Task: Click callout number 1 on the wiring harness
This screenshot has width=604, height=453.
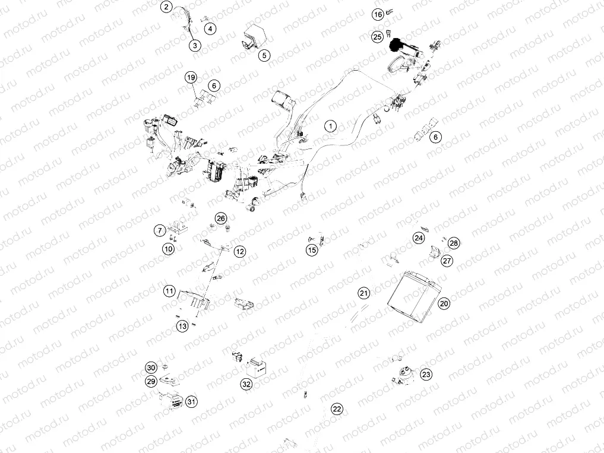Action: click(x=331, y=126)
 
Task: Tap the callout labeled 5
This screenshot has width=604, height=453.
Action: click(x=264, y=55)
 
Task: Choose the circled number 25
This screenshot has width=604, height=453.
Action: click(x=377, y=37)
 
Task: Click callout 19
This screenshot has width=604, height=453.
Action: click(x=190, y=78)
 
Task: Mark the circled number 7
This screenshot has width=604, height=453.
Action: click(x=160, y=230)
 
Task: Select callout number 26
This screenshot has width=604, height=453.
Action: click(x=221, y=218)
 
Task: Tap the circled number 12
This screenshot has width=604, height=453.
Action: click(x=239, y=251)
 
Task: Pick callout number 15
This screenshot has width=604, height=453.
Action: click(x=312, y=251)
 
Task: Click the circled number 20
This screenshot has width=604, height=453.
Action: click(x=444, y=303)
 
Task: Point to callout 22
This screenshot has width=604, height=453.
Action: click(x=337, y=408)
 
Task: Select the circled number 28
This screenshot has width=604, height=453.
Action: click(x=454, y=243)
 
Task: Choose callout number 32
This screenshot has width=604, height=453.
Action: click(x=246, y=384)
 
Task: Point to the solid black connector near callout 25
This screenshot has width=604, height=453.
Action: click(x=396, y=44)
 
